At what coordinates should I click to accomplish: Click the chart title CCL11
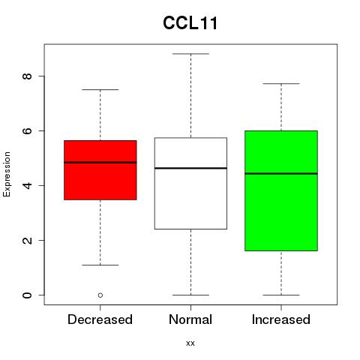tap(190, 23)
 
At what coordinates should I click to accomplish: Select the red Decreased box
tap(100, 170)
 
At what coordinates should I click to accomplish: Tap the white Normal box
tap(190, 183)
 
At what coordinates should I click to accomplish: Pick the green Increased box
tap(281, 190)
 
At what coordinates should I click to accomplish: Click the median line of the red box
tap(100, 163)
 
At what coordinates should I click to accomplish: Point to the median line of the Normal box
tap(190, 168)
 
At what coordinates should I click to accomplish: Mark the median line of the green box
tap(281, 173)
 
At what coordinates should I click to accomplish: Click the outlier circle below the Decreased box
tap(100, 295)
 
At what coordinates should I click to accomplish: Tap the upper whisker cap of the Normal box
tap(190, 54)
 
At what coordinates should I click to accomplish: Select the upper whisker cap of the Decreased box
tap(100, 89)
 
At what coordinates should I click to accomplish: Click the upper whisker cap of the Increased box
tap(281, 84)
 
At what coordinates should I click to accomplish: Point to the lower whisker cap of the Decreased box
tap(100, 265)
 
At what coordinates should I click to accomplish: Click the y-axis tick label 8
tap(27, 76)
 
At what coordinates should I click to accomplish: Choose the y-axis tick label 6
tap(27, 130)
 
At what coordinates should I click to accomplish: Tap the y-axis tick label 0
tap(27, 295)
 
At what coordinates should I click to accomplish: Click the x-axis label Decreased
tap(100, 319)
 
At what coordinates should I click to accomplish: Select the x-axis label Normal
tap(190, 319)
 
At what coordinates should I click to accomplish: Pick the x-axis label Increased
tap(281, 319)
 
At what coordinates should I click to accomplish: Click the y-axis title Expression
tap(7, 174)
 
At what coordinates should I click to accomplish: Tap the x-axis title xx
tap(190, 343)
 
